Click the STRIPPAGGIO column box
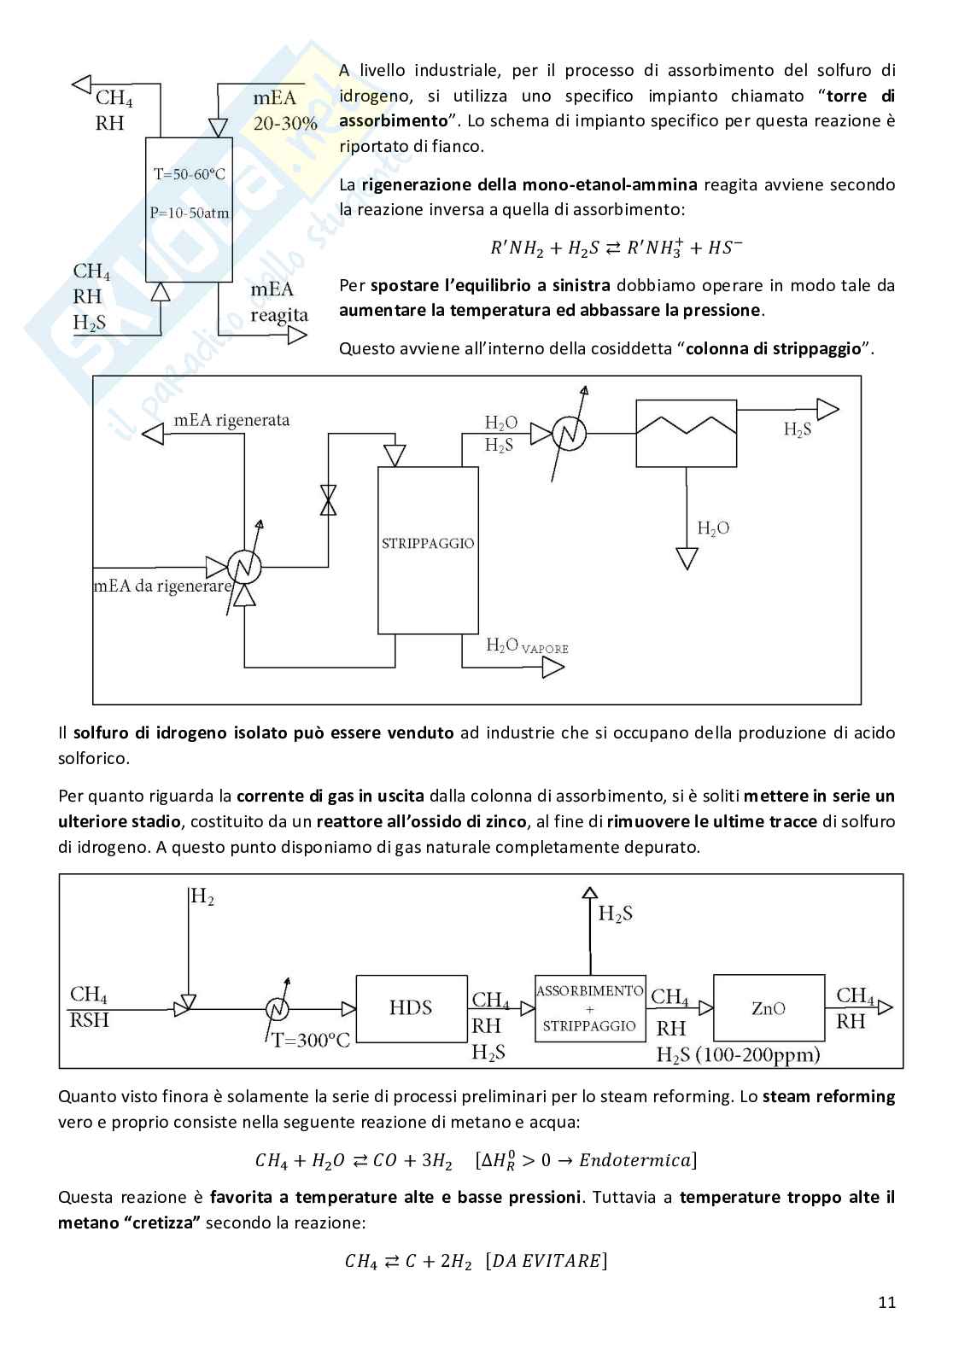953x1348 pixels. [x=428, y=550]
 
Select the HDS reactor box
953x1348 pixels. [x=411, y=1008]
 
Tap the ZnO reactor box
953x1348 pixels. [x=769, y=1008]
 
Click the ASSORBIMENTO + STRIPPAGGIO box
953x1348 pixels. [x=589, y=1008]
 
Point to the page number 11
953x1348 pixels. [x=886, y=1302]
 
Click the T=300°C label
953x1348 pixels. [x=311, y=1040]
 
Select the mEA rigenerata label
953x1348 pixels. [x=231, y=420]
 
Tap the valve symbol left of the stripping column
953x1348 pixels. [x=328, y=500]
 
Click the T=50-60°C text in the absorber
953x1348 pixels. [x=190, y=174]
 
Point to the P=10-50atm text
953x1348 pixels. [x=190, y=213]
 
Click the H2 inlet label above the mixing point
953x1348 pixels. [x=202, y=896]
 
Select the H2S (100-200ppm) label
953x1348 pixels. [x=738, y=1054]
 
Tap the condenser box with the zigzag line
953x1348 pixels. [x=687, y=434]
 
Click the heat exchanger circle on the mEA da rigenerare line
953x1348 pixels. [x=244, y=565]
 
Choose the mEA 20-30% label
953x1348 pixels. [x=284, y=111]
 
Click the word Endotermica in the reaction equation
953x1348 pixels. [x=634, y=1160]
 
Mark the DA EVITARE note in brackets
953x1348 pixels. [x=546, y=1261]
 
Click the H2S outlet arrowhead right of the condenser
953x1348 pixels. [x=827, y=410]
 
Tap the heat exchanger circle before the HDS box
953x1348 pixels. [x=278, y=1009]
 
